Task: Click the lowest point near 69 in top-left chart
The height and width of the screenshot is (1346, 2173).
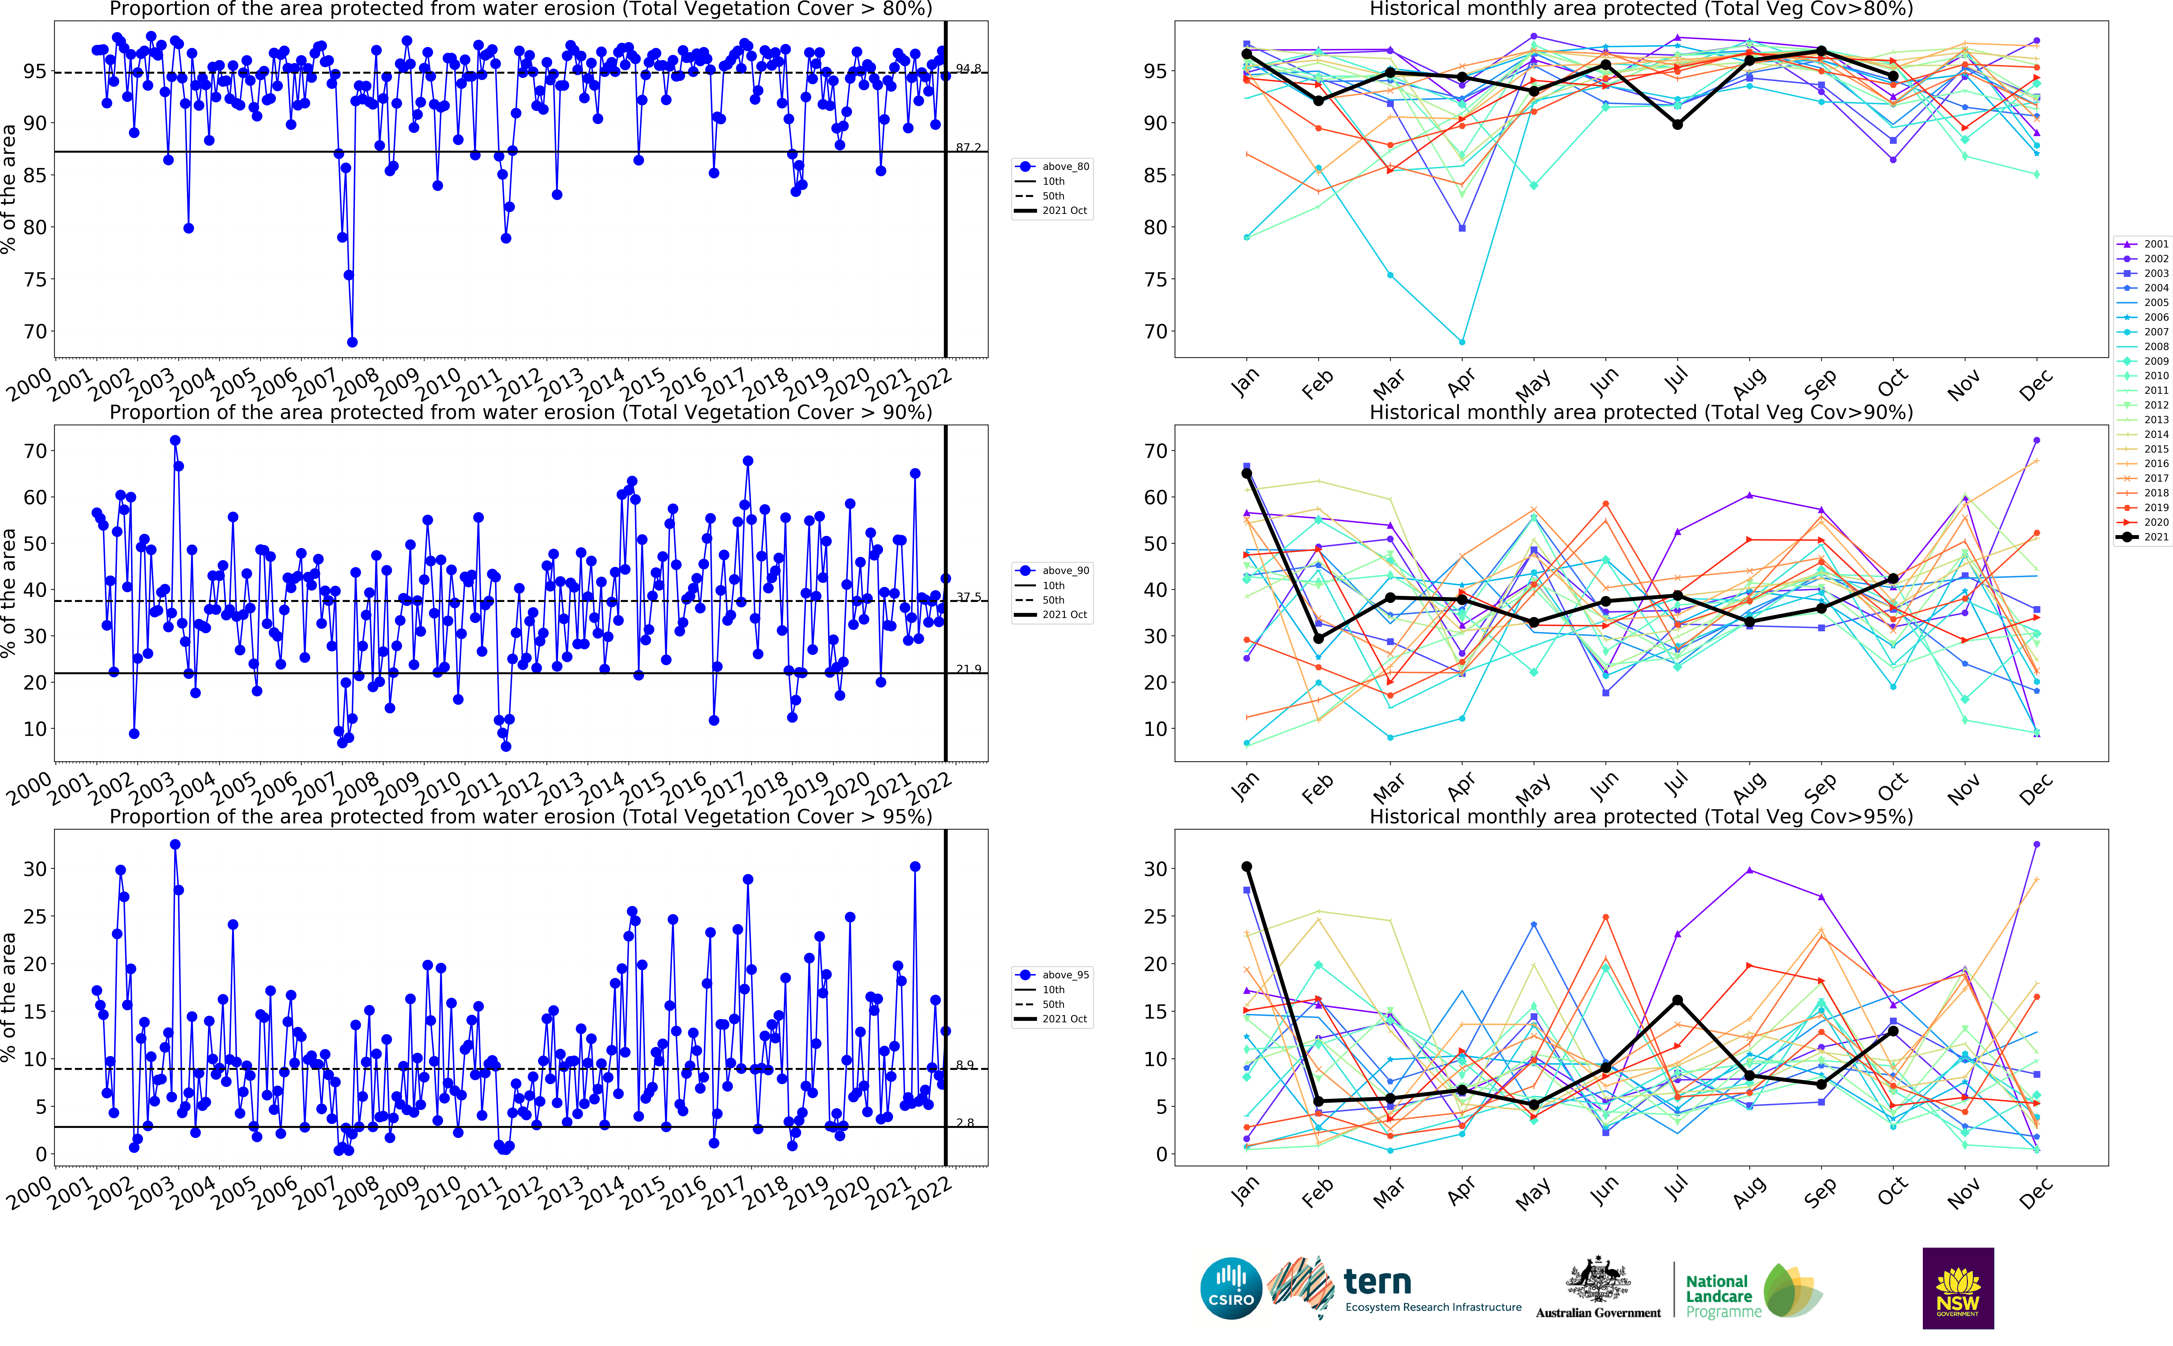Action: (352, 342)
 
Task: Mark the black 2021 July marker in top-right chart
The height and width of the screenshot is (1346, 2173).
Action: (1677, 125)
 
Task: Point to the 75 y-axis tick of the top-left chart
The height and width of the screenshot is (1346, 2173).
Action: (36, 280)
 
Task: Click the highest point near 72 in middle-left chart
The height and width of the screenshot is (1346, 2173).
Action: (175, 441)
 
